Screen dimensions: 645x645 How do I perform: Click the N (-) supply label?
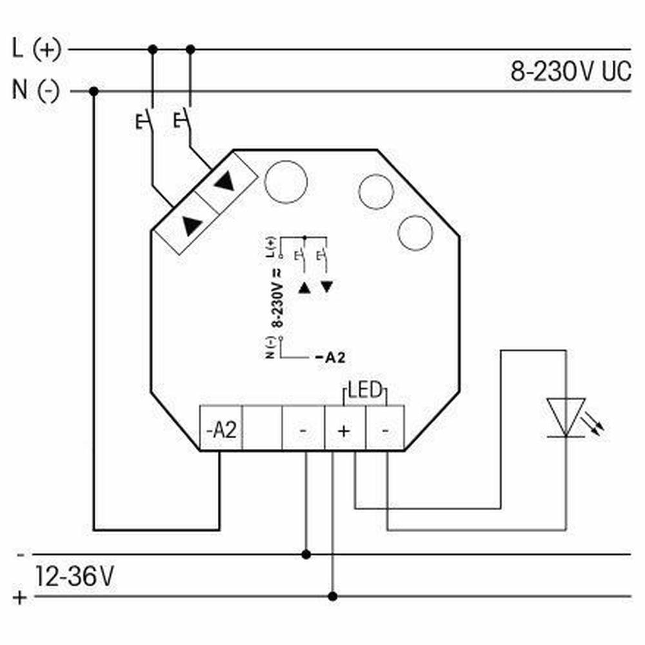coord(35,90)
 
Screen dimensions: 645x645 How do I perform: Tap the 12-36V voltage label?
coord(74,576)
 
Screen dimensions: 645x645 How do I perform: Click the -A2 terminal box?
coord(221,428)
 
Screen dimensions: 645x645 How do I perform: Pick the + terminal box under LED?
coord(344,428)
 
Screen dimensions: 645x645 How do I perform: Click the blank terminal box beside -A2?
coord(262,428)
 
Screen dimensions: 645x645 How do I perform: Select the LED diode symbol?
coord(566,417)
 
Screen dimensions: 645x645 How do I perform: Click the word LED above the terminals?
coord(365,390)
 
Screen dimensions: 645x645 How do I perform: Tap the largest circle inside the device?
coord(286,182)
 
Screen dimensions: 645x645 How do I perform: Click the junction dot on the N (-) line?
coord(94,92)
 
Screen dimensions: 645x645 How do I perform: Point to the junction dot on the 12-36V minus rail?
coord(306,555)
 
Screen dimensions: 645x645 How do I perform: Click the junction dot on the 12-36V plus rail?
coord(333,596)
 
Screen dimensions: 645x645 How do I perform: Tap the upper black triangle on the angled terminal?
coord(224,181)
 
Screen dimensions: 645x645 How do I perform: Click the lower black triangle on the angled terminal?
coord(192,225)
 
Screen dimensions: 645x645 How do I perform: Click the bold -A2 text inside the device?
coord(330,357)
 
